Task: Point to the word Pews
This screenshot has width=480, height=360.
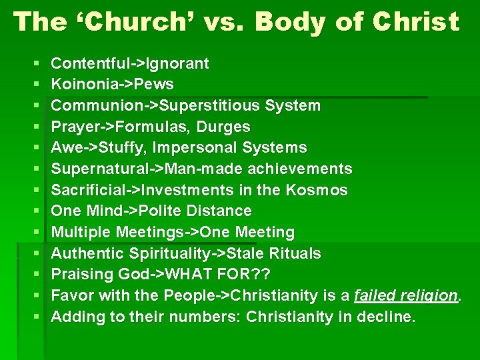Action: [x=154, y=85]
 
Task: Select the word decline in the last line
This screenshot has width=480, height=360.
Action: [x=384, y=317]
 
